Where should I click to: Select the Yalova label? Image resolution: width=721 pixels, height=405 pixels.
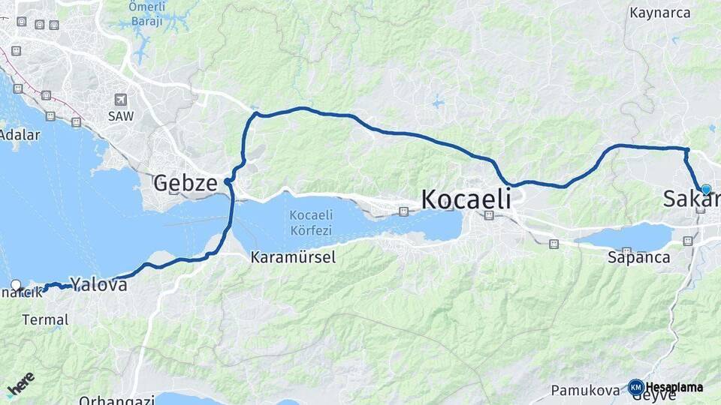[x=96, y=283]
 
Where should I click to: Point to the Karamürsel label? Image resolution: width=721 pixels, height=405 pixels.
[x=293, y=257]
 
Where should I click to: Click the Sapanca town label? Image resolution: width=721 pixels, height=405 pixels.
[x=638, y=257]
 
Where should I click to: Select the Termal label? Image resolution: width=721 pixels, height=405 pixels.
[x=45, y=319]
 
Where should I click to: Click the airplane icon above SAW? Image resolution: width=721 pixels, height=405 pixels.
[x=121, y=100]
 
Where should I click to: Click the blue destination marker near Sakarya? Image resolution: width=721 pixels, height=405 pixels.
[x=706, y=189]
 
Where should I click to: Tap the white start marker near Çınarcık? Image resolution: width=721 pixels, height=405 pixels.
[x=16, y=285]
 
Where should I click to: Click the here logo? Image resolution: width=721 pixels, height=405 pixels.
[x=20, y=384]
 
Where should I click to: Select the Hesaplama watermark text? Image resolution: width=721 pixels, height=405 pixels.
[x=674, y=388]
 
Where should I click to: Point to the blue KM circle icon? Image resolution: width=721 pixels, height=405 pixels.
[x=635, y=387]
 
